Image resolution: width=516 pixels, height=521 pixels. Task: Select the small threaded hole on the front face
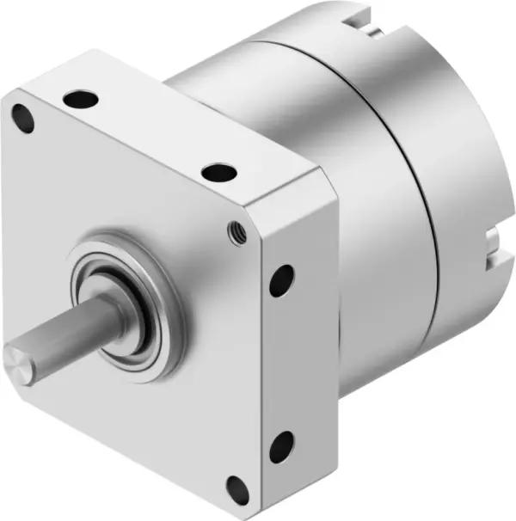pos(231,230)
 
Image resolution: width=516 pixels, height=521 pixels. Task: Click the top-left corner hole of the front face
pos(23,118)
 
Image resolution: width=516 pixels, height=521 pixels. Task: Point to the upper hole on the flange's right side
pos(281,280)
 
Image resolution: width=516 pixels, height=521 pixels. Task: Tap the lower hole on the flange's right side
pos(280,447)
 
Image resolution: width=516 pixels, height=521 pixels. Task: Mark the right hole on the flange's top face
pos(219,171)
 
